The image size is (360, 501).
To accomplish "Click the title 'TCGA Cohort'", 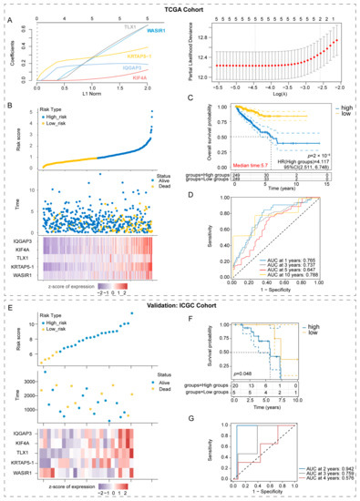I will tap(180, 7).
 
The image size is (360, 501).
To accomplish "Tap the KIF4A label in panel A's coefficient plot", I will tap(160, 79).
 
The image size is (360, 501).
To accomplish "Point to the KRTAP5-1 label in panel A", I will tap(160, 56).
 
